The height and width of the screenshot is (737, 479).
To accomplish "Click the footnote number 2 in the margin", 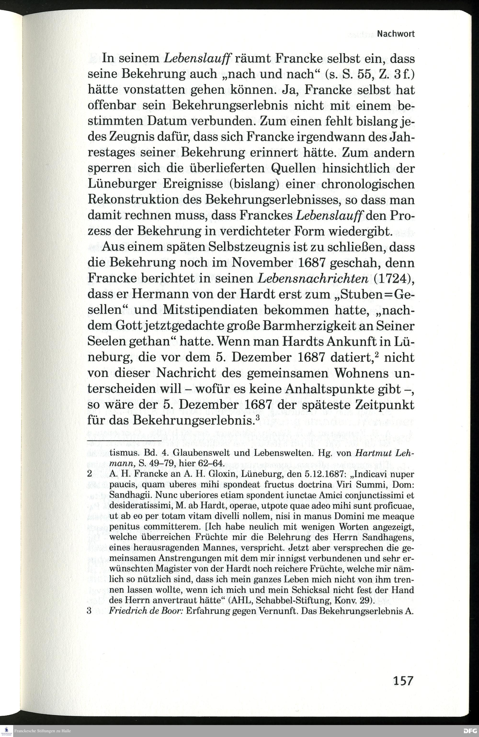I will click(x=90, y=474).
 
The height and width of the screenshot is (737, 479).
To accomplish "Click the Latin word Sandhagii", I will click(x=129, y=495).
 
